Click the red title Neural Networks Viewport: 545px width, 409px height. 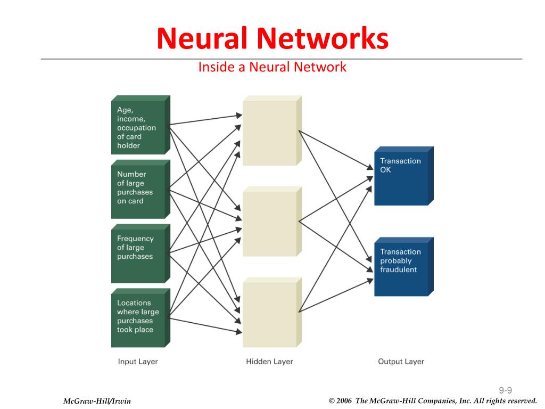click(x=272, y=38)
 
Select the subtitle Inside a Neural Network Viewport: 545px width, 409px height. click(x=272, y=67)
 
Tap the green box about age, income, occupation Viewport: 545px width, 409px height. click(x=141, y=125)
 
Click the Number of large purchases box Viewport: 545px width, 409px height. click(x=141, y=189)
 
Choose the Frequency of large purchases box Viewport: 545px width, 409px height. click(x=141, y=253)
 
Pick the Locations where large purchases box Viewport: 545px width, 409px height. click(x=141, y=318)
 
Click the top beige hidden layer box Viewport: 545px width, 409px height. click(x=272, y=130)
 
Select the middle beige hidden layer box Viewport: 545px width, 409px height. click(x=272, y=222)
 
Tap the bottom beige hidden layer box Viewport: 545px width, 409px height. click(x=272, y=312)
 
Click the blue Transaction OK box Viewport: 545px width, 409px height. click(x=404, y=176)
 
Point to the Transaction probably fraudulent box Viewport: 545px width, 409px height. click(x=404, y=267)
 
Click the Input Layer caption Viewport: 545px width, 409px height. click(x=138, y=362)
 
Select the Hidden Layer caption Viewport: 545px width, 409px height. click(x=269, y=362)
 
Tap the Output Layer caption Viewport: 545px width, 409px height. click(x=401, y=362)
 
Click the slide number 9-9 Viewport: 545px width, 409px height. click(x=506, y=390)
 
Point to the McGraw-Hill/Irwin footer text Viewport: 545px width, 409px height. click(x=97, y=401)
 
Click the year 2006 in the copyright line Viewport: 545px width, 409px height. click(x=344, y=400)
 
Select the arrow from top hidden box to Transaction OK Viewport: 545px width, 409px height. click(x=336, y=150)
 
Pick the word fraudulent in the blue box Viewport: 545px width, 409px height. click(x=398, y=269)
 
